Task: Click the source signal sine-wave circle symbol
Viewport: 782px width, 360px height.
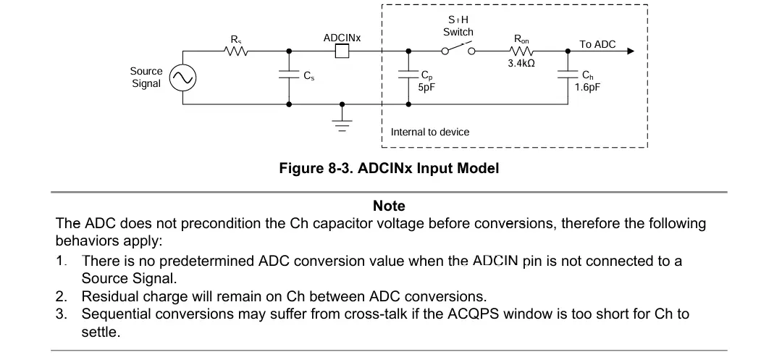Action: click(x=182, y=78)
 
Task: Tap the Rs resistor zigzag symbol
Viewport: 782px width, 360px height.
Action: click(x=236, y=51)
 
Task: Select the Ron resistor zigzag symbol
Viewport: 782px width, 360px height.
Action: click(x=521, y=51)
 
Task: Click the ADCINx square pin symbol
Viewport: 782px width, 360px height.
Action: click(x=342, y=51)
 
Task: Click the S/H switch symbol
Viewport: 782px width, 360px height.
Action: click(x=458, y=49)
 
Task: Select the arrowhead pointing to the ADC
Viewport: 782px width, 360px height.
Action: click(x=631, y=51)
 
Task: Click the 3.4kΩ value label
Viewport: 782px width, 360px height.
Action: click(x=521, y=64)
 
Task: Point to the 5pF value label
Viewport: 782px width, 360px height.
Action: click(x=428, y=87)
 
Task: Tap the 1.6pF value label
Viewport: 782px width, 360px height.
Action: click(x=587, y=87)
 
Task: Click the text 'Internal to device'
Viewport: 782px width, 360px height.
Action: click(x=430, y=132)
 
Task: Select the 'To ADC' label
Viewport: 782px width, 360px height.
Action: click(x=597, y=44)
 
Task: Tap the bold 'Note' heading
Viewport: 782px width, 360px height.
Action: click(x=389, y=206)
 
